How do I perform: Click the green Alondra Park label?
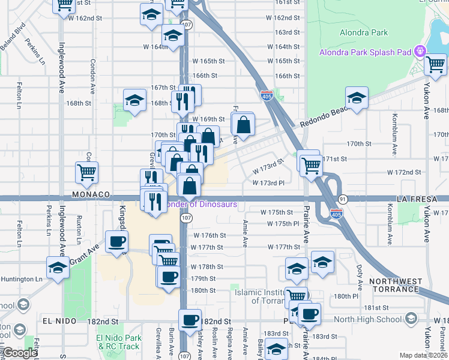[x=364, y=33]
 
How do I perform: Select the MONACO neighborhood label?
[x=91, y=195]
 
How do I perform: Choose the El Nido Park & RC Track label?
[x=119, y=342]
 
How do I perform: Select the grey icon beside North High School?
[x=411, y=318]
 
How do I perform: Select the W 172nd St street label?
[x=404, y=172]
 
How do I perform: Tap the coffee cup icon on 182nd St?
[x=190, y=320]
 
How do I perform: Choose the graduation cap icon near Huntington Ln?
[x=58, y=267]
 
